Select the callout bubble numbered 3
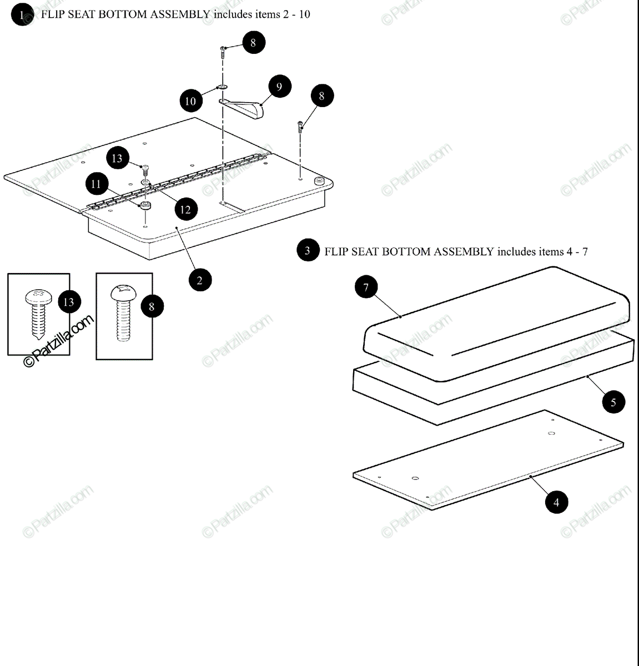click(308, 251)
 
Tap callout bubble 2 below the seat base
click(200, 280)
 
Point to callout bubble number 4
click(556, 503)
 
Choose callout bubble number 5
click(613, 402)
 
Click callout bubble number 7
click(366, 287)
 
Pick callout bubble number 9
click(279, 87)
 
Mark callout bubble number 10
click(190, 101)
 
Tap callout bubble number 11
click(97, 183)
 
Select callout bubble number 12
click(185, 209)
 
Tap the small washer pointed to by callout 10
click(223, 88)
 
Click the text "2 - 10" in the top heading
click(296, 14)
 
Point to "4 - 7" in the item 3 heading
click(577, 251)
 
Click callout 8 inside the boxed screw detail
click(152, 306)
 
